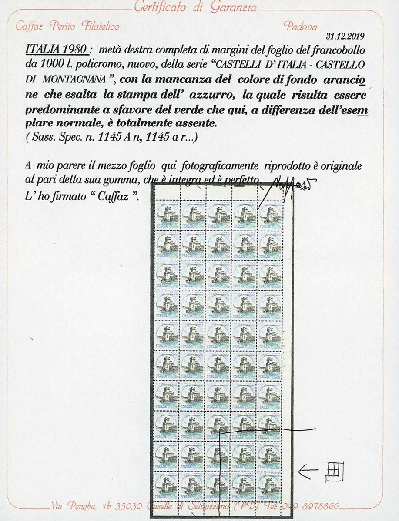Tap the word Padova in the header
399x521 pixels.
pyautogui.click(x=301, y=26)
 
